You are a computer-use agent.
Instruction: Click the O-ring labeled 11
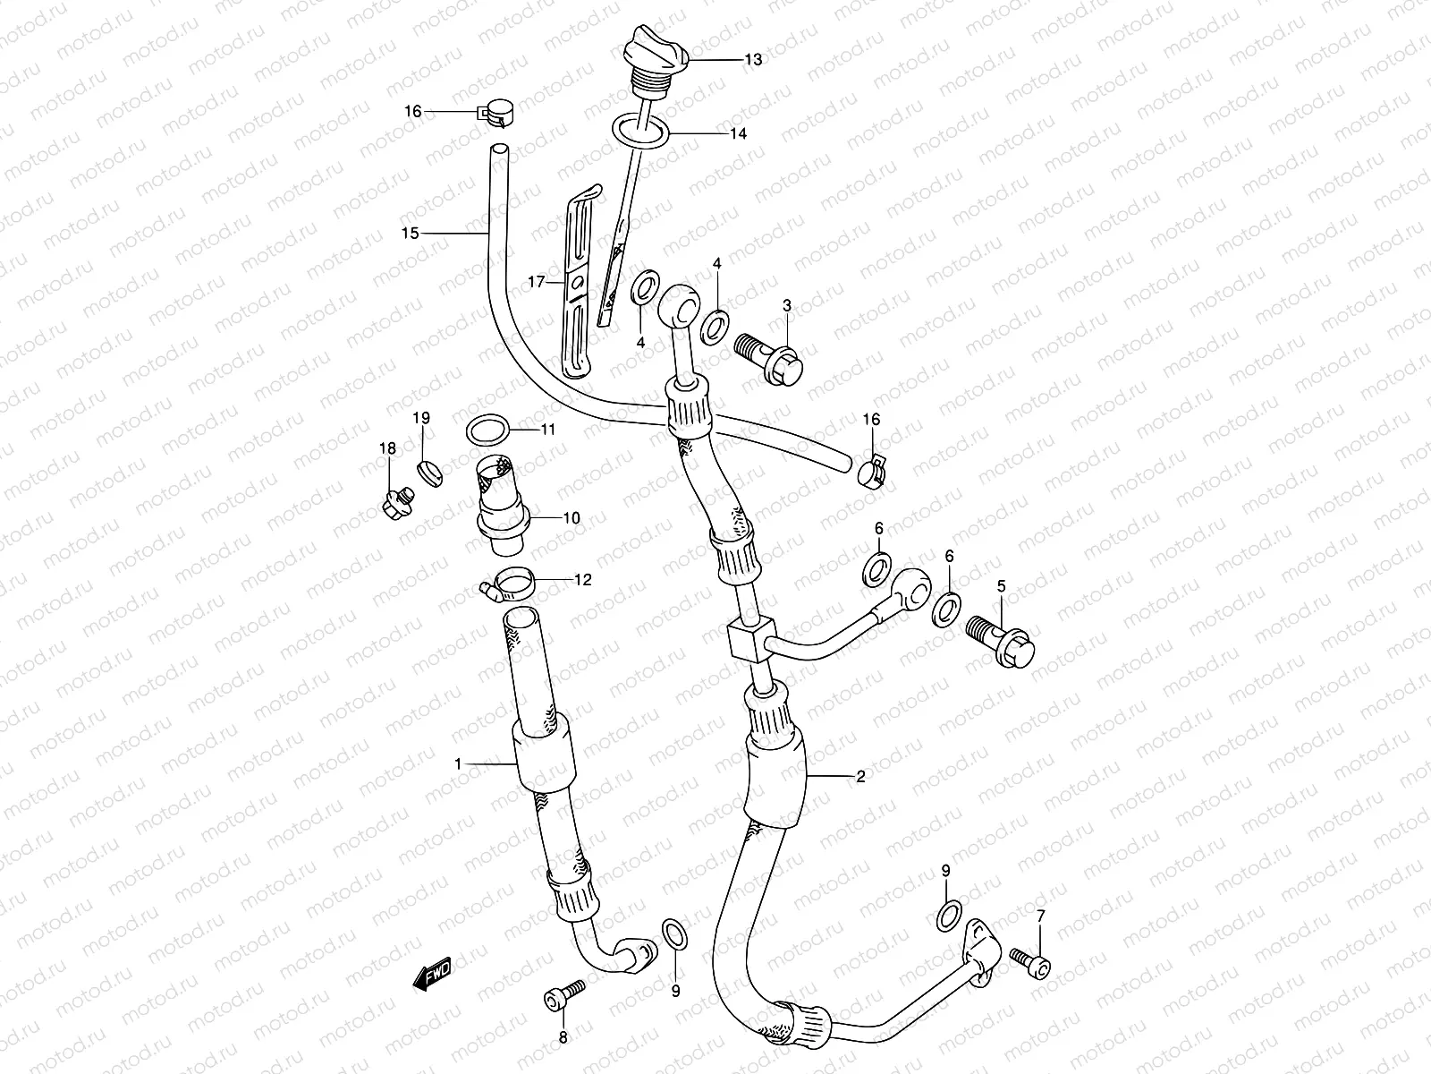pyautogui.click(x=488, y=430)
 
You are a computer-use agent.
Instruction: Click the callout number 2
pyautogui.click(x=860, y=777)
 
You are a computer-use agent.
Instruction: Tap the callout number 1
pyautogui.click(x=458, y=763)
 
